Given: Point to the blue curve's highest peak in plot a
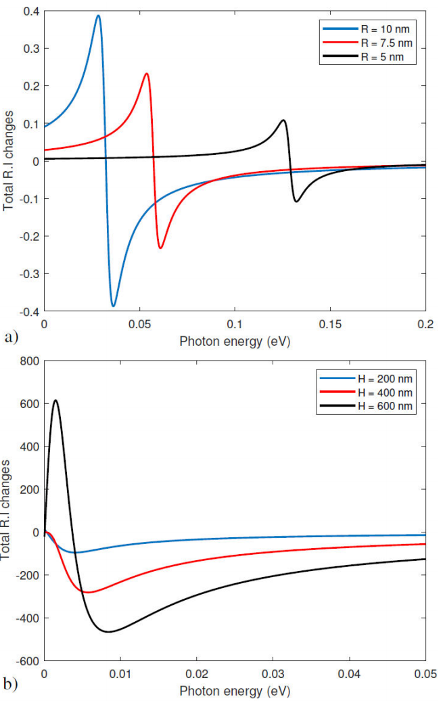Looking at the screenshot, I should (x=99, y=16).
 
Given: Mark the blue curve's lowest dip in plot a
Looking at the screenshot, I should (x=114, y=306).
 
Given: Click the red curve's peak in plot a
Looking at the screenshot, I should (x=146, y=74).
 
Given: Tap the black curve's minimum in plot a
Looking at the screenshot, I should (x=296, y=201).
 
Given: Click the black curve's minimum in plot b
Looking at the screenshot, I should (x=108, y=632).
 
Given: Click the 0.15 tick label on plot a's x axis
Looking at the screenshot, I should (x=330, y=324).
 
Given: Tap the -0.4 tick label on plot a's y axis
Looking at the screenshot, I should (x=27, y=311).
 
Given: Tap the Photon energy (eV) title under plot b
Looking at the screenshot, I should (x=235, y=691).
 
